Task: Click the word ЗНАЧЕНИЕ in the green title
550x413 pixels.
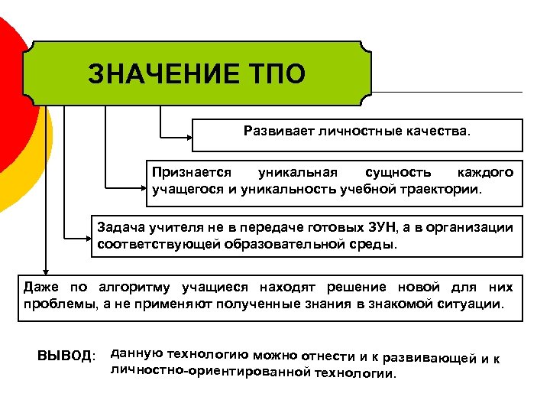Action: (156, 74)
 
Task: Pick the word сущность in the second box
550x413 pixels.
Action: (397, 173)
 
